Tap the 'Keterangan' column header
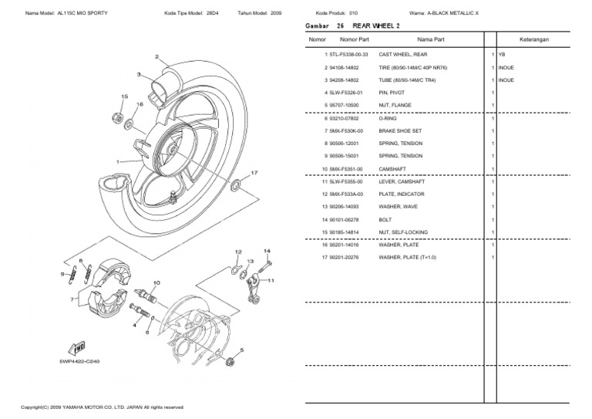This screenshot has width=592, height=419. (x=542, y=39)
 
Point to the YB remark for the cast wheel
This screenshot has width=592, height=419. (x=502, y=55)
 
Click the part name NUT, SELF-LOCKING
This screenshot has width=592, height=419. (x=403, y=231)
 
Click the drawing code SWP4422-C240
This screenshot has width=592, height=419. (x=79, y=360)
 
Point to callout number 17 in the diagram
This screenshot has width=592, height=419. (x=254, y=173)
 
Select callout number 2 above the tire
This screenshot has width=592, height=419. (x=156, y=57)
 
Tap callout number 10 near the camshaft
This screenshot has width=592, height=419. (x=156, y=283)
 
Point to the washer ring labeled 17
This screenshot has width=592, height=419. (x=236, y=184)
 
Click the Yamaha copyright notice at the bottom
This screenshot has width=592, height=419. (x=102, y=407)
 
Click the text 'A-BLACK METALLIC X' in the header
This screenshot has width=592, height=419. (x=454, y=13)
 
